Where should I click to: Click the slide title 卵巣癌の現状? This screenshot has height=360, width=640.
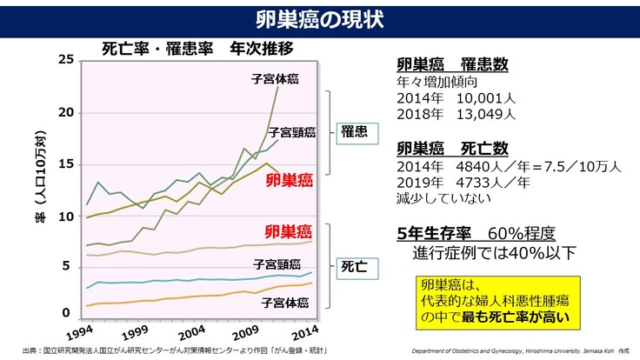tap(319, 18)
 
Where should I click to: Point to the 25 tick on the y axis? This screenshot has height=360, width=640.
tap(66, 59)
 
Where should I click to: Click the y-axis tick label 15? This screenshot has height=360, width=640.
tap(66, 164)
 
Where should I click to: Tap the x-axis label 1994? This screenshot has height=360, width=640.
tap(80, 334)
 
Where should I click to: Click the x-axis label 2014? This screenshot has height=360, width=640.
tap(303, 334)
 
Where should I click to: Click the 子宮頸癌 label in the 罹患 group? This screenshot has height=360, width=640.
tap(291, 133)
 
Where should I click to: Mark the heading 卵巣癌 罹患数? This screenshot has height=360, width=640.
tap(452, 66)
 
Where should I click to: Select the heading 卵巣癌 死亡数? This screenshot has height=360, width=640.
tap(452, 148)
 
